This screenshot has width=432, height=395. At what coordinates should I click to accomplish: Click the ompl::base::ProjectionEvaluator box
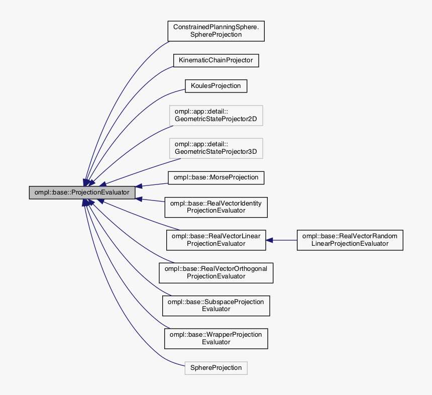[x=82, y=192]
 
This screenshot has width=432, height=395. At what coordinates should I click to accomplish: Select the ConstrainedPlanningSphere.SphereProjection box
[x=215, y=31]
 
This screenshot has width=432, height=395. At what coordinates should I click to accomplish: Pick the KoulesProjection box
[x=215, y=86]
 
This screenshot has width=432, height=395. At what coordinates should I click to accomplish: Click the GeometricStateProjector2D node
[x=215, y=116]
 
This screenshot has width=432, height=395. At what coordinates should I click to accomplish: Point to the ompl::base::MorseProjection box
[x=215, y=177]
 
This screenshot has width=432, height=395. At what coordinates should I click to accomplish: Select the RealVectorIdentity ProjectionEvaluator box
[x=215, y=207]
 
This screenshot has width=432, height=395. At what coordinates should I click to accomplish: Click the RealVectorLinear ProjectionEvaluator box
[x=215, y=240]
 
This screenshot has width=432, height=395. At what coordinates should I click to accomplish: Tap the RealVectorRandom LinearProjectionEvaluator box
[x=350, y=240]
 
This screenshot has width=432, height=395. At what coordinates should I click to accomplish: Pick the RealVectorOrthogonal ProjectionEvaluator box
[x=215, y=272]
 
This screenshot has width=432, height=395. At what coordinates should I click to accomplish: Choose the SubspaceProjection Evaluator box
[x=215, y=305]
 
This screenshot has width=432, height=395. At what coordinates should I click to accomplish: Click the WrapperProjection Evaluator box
[x=215, y=338]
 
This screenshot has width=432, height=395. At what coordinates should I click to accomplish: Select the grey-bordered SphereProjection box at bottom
[x=215, y=368]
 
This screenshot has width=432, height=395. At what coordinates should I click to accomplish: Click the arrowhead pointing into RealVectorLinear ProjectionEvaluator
[x=270, y=240]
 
